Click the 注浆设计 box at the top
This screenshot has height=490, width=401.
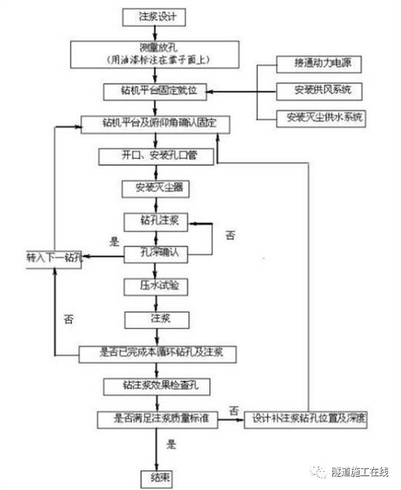[152, 15]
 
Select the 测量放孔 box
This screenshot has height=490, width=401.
[153, 53]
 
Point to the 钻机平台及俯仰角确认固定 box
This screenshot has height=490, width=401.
[155, 124]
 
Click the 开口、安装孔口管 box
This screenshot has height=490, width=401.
[155, 155]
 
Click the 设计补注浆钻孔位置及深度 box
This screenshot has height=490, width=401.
[310, 419]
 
